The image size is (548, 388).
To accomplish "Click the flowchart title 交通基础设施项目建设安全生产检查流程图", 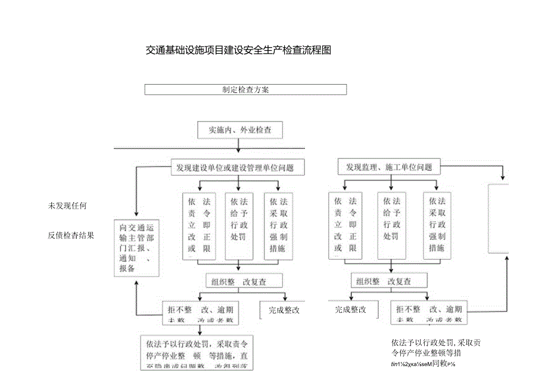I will [x=238, y=51].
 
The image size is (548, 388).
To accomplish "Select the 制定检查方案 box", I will [x=245, y=89].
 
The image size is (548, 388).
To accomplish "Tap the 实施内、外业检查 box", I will [x=239, y=129].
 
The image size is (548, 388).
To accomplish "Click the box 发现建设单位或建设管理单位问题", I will [x=238, y=167].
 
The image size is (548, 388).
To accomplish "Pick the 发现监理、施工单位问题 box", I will [x=389, y=167].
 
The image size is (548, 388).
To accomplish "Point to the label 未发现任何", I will [x=68, y=206].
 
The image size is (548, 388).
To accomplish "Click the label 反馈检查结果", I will [x=71, y=235].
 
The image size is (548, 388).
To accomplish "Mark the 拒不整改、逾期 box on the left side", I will [x=201, y=313].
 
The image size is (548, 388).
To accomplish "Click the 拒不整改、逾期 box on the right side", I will [x=429, y=313].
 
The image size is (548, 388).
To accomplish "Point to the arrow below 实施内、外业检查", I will [x=239, y=145].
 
